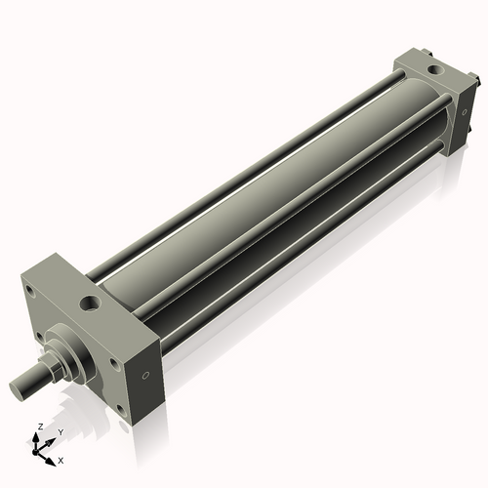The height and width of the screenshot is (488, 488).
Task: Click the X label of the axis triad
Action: click(61, 459)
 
